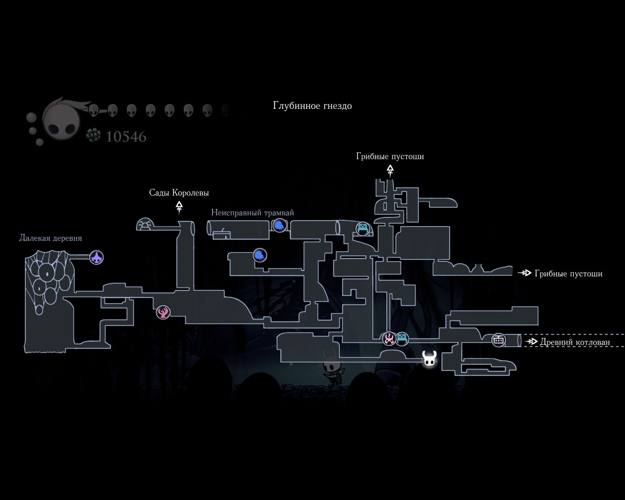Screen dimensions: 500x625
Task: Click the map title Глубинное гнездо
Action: click(x=312, y=105)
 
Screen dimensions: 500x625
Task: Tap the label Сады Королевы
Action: click(x=179, y=193)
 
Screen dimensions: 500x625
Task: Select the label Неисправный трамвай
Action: click(x=252, y=213)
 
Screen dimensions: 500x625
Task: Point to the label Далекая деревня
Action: click(x=50, y=238)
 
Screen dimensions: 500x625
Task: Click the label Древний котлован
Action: click(x=575, y=342)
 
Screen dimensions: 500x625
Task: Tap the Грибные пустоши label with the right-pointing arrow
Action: click(x=568, y=273)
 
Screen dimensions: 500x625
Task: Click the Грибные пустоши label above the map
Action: click(x=390, y=156)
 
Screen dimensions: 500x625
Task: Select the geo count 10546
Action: click(x=126, y=137)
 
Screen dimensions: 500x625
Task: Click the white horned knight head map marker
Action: click(x=429, y=359)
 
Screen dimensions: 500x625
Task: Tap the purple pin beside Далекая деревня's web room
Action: click(x=97, y=257)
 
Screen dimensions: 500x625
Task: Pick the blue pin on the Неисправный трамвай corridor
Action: click(x=279, y=225)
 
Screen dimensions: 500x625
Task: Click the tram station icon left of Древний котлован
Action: click(x=499, y=340)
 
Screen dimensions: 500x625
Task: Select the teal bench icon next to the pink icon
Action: click(x=402, y=338)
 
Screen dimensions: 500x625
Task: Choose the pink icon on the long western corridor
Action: click(x=163, y=312)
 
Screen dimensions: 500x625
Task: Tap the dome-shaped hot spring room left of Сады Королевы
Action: click(x=145, y=224)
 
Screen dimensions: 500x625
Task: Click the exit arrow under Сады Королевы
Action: click(x=179, y=207)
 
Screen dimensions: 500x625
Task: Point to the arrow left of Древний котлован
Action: click(x=531, y=342)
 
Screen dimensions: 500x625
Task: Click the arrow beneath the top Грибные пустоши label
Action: click(x=390, y=170)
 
